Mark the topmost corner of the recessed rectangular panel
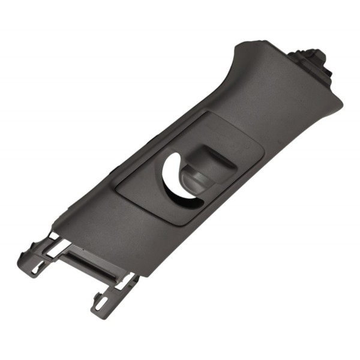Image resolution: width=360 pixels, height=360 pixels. pyautogui.click(x=207, y=112)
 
